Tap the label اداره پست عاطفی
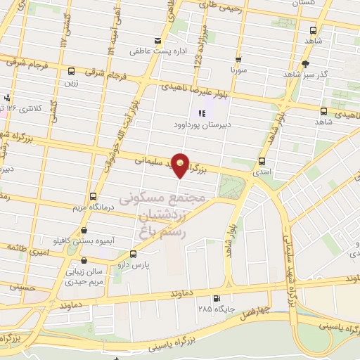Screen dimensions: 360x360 coord(151,51)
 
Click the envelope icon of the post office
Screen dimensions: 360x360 coord(157,41)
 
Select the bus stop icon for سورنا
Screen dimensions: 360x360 coord(238,60)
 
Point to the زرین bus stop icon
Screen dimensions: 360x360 coord(72,71)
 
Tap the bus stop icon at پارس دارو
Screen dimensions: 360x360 coord(134,255)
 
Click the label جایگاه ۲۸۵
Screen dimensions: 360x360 coord(214,308)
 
